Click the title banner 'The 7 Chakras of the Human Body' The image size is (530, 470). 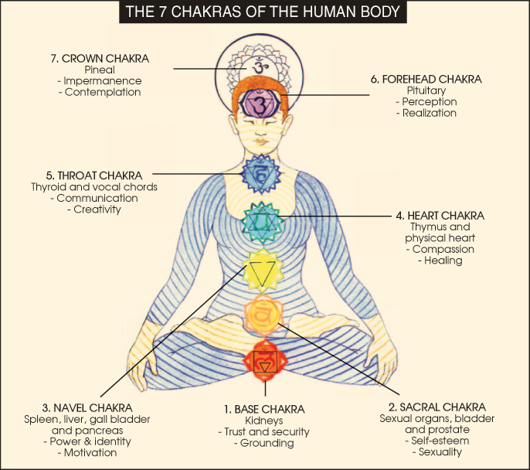tap(265, 13)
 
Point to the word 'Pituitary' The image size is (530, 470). tap(426, 90)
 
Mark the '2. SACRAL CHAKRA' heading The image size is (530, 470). tap(437, 407)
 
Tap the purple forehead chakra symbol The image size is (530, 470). tap(260, 102)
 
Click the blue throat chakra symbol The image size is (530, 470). tap(262, 175)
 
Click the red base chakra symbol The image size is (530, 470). tap(264, 360)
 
